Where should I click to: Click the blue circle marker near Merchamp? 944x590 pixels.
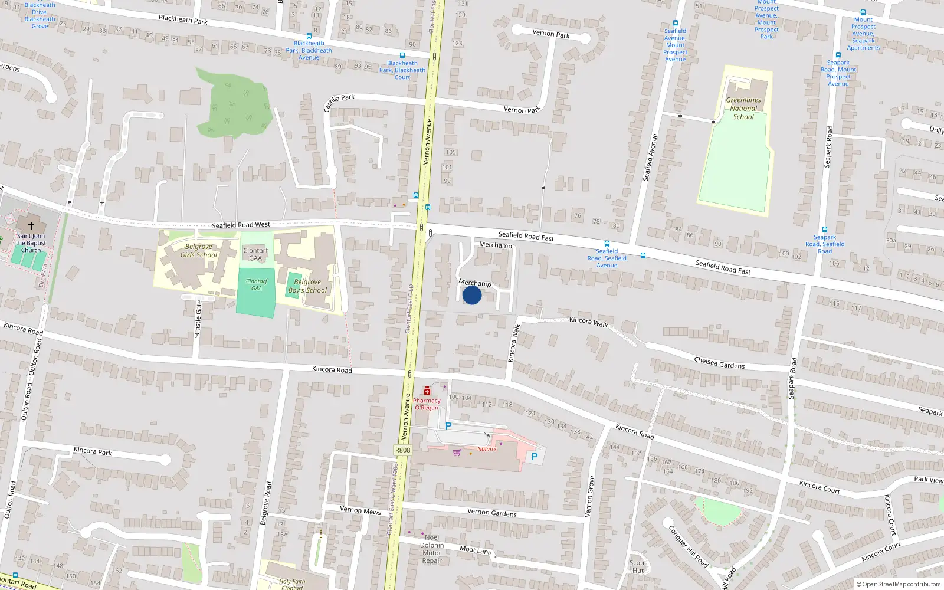(472, 295)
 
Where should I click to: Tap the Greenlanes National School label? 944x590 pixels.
(743, 109)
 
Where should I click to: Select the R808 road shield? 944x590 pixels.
(402, 450)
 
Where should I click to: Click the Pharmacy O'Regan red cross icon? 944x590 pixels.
(427, 391)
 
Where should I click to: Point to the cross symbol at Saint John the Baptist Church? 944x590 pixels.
(31, 225)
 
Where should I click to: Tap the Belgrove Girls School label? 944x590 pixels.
(199, 251)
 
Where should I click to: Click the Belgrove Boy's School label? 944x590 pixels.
(307, 286)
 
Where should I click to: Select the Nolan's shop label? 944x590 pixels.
(487, 449)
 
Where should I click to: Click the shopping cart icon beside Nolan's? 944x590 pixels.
(457, 453)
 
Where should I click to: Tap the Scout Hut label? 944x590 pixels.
(638, 566)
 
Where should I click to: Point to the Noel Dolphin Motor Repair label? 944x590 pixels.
(432, 549)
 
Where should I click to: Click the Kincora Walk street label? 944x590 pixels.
(588, 322)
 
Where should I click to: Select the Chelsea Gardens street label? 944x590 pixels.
(719, 363)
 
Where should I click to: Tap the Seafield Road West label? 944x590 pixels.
(241, 225)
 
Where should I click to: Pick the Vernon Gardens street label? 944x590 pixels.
(492, 513)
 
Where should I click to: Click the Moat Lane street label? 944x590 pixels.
(476, 550)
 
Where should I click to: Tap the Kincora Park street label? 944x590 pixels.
(93, 451)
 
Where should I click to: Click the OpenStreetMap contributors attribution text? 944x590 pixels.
(899, 584)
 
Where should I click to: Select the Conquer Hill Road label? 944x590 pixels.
(688, 546)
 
